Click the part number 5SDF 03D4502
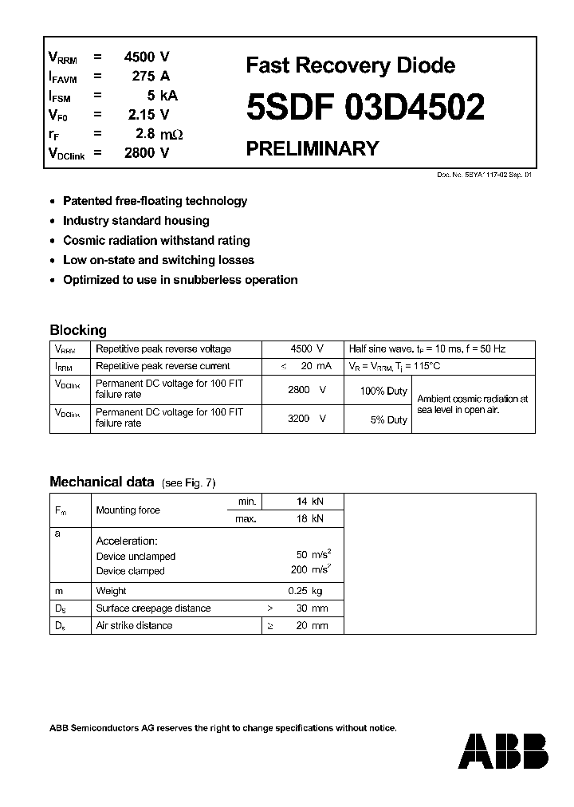(365, 108)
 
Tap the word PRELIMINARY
(312, 148)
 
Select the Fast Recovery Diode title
(351, 65)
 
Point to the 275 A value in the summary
(151, 77)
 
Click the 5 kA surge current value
(157, 96)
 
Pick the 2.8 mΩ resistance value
(155, 135)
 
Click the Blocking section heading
(77, 330)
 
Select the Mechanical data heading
(101, 482)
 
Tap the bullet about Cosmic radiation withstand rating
(156, 240)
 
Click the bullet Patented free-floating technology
(155, 201)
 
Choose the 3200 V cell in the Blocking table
(306, 418)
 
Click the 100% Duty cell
(383, 392)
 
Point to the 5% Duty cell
(388, 419)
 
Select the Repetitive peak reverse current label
(163, 366)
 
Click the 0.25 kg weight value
(305, 591)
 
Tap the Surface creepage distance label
(153, 608)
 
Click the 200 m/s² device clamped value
(307, 570)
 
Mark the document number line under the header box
(484, 174)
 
